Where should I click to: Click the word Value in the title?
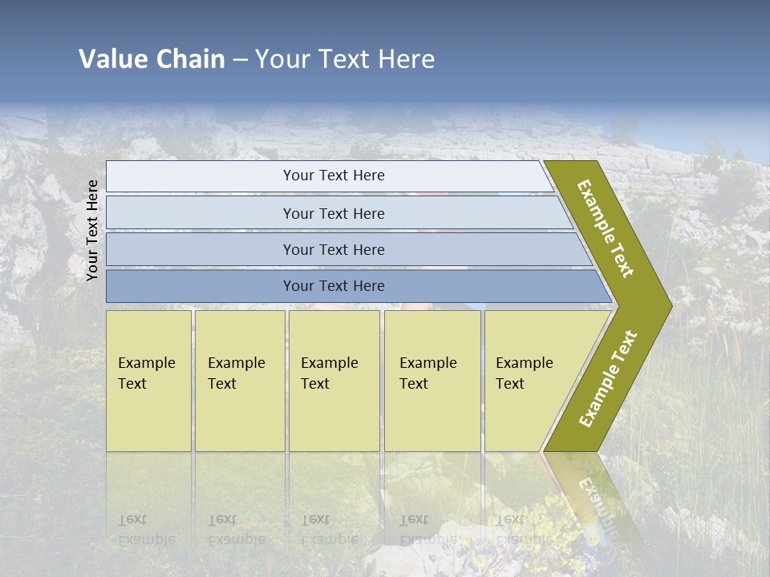(111, 59)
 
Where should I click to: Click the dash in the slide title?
(240, 60)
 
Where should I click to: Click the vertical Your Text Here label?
(92, 230)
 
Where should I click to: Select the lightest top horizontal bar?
(329, 176)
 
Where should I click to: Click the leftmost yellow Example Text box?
(148, 380)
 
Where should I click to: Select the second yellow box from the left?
(239, 380)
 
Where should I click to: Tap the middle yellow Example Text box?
(334, 380)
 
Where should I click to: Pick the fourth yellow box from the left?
(432, 380)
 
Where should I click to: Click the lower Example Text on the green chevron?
(608, 378)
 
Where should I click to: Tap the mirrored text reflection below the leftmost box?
(146, 529)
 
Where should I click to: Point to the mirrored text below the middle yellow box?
(329, 529)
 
